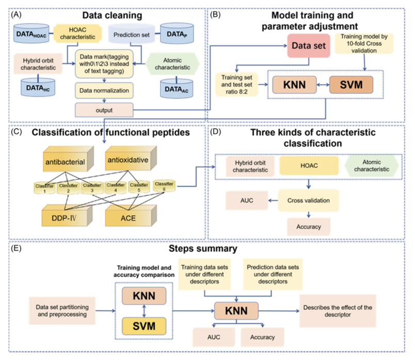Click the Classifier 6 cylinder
[164, 185]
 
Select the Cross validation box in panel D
[308, 200]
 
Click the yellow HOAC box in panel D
[308, 166]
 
